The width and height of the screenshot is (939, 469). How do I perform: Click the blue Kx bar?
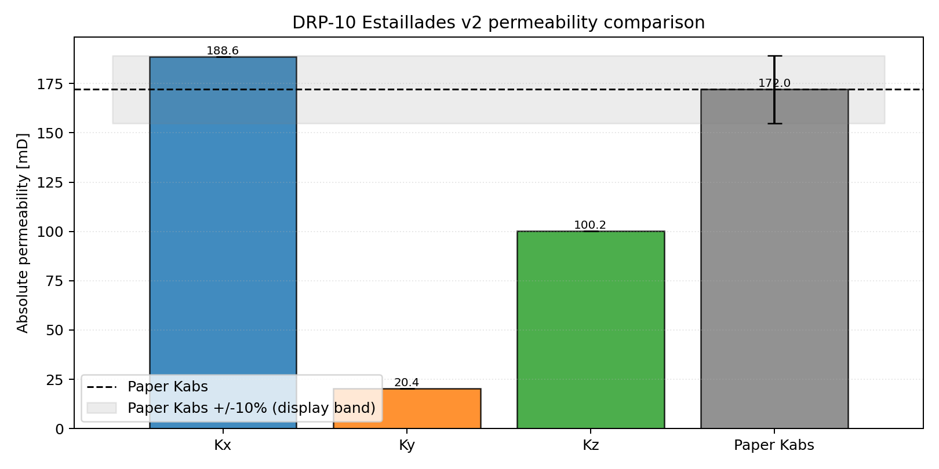[223, 232]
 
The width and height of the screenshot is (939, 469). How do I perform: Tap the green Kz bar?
[590, 330]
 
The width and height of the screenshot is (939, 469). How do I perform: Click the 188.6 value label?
[223, 51]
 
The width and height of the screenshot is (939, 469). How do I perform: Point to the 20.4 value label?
[406, 383]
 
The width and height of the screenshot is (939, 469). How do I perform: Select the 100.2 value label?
[590, 225]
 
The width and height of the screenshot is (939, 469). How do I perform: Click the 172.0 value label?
[774, 83]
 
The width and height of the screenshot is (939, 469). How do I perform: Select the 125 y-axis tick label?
[50, 183]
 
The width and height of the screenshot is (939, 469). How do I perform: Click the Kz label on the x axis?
[590, 445]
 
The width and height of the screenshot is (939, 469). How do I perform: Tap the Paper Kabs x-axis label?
[774, 445]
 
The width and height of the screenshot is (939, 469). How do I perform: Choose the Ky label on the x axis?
[406, 445]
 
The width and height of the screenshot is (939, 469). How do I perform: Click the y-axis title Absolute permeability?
[23, 233]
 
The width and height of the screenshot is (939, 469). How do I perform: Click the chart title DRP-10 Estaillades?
[498, 23]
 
